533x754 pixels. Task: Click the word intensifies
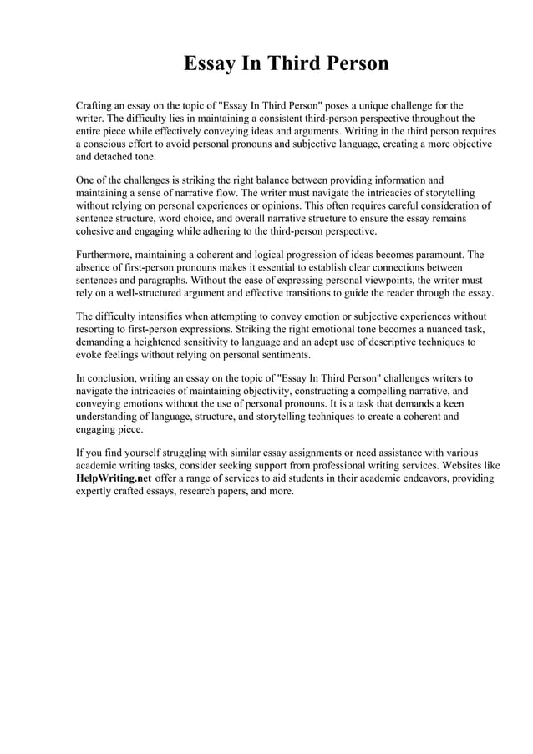tap(168, 316)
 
